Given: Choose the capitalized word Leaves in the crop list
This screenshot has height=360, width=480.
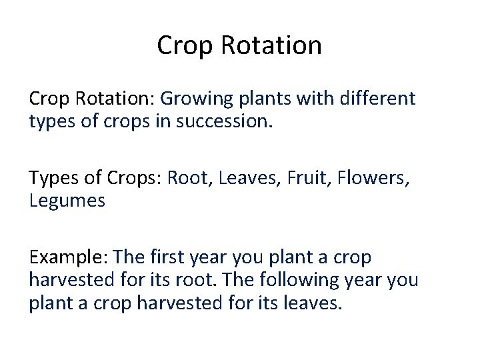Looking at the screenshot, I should tap(240, 178).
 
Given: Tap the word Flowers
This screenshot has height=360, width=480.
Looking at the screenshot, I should tap(365, 178).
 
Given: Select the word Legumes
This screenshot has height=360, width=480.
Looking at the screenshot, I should tap(67, 201).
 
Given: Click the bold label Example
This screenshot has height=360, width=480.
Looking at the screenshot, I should tap(69, 257).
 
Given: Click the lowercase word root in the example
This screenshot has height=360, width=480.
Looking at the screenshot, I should tap(213, 280).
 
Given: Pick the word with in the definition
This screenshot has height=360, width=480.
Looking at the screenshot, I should tap(317, 99).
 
